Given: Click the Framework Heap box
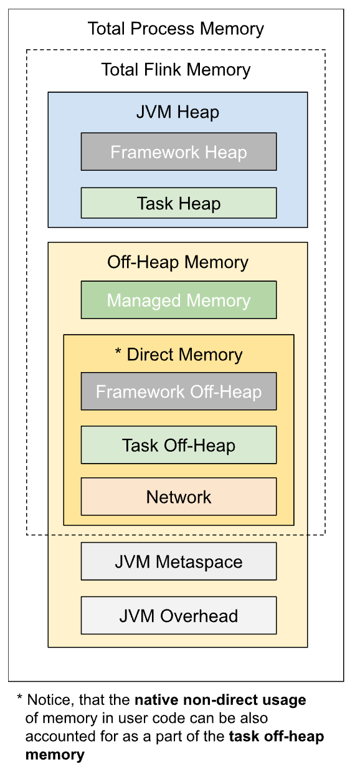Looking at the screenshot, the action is pyautogui.click(x=179, y=151).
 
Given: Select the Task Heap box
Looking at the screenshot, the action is pyautogui.click(x=179, y=203).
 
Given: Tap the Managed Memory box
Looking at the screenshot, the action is pyautogui.click(x=179, y=300).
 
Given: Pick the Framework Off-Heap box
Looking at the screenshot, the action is pyautogui.click(x=179, y=391).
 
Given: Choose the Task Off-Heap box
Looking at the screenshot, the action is pyautogui.click(x=179, y=445).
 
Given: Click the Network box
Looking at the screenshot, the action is pyautogui.click(x=179, y=497).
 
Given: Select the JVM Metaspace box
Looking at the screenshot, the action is pyautogui.click(x=179, y=561).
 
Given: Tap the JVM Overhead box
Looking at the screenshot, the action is pyautogui.click(x=179, y=616).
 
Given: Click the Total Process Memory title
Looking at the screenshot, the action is pyautogui.click(x=176, y=29).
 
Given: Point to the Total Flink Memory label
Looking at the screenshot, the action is pyautogui.click(x=176, y=70).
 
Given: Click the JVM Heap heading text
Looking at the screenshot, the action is pyautogui.click(x=178, y=112).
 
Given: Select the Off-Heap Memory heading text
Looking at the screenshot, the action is pyautogui.click(x=178, y=262).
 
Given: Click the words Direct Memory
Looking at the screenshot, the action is pyautogui.click(x=185, y=355).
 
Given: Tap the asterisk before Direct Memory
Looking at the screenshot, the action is pyautogui.click(x=118, y=351).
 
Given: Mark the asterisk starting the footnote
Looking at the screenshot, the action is pyautogui.click(x=19, y=697).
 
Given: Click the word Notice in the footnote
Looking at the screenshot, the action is pyautogui.click(x=50, y=700).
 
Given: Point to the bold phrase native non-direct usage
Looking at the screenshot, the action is pyautogui.click(x=220, y=700).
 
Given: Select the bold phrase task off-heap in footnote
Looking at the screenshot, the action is pyautogui.click(x=277, y=737).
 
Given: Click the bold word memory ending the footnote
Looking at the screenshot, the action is pyautogui.click(x=55, y=755).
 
